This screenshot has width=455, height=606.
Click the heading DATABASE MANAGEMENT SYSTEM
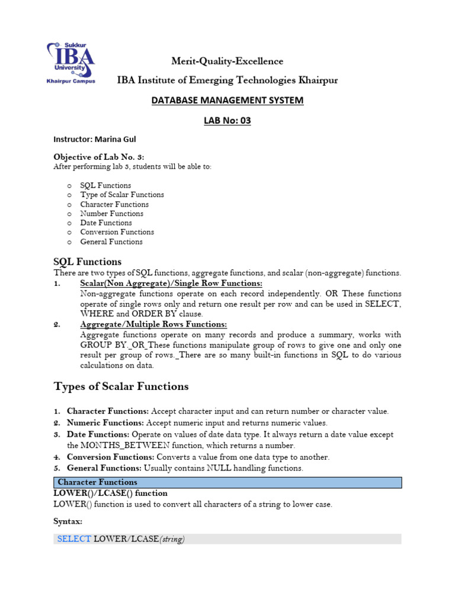pyautogui.click(x=227, y=101)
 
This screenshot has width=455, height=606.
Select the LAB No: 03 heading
pyautogui.click(x=227, y=121)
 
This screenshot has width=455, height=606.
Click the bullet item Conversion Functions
pyautogui.click(x=117, y=233)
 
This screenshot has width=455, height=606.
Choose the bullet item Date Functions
pyautogui.click(x=106, y=223)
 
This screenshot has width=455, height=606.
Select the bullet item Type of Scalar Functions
pyautogui.click(x=122, y=195)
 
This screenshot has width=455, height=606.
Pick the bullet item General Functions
pyautogui.click(x=111, y=242)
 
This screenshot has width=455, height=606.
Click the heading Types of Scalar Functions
pyautogui.click(x=121, y=386)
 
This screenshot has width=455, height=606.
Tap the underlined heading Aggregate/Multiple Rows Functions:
pyautogui.click(x=153, y=324)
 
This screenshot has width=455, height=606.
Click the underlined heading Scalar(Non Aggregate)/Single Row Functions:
pyautogui.click(x=171, y=284)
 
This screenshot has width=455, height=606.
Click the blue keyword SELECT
pyautogui.click(x=74, y=539)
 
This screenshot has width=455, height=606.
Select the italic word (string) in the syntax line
pyautogui.click(x=172, y=539)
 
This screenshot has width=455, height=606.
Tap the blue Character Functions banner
pyautogui.click(x=227, y=482)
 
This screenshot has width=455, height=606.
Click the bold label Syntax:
pyautogui.click(x=68, y=521)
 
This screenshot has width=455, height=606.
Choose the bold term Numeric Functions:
pyautogui.click(x=105, y=423)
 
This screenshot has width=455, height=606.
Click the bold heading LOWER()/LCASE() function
pyautogui.click(x=110, y=493)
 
